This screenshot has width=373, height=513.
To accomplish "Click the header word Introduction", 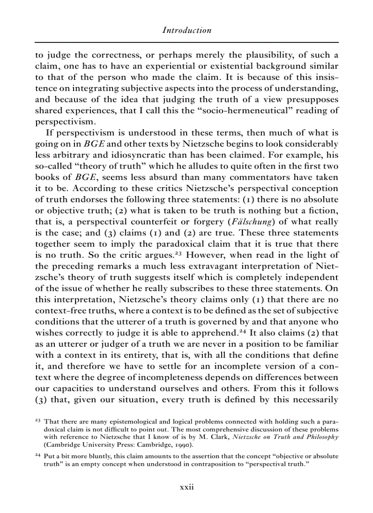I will [186, 31].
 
